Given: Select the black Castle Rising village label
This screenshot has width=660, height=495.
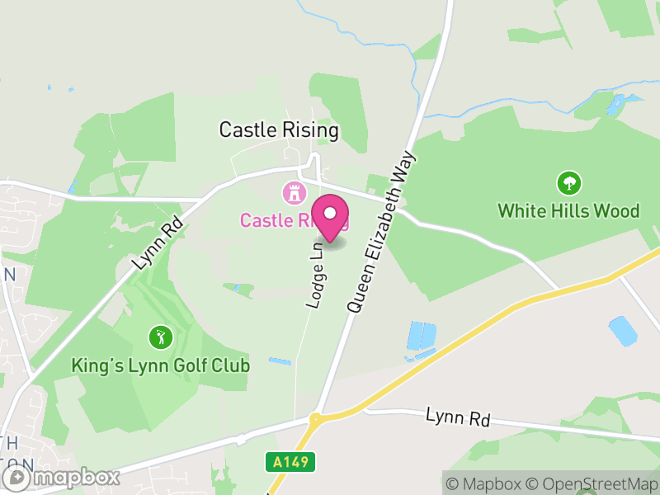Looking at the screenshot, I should click(279, 130).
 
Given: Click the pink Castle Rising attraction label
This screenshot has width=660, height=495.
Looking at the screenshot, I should click(280, 220).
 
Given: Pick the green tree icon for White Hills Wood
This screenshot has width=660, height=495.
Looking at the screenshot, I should click(568, 183).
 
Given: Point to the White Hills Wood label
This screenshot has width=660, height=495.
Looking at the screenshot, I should click(568, 211).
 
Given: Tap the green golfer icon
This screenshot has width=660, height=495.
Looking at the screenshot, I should click(160, 337).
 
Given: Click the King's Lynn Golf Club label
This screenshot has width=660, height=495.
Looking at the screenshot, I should click(160, 365).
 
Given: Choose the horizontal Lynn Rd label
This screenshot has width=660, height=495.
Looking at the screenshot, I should click(458, 417).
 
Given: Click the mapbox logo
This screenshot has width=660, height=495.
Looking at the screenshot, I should click(63, 477).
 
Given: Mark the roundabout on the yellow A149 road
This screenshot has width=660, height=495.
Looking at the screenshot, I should click(317, 417).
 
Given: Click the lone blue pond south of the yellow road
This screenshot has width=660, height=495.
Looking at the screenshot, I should click(623, 331).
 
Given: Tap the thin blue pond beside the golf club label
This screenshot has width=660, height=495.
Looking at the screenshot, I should click(280, 361).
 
